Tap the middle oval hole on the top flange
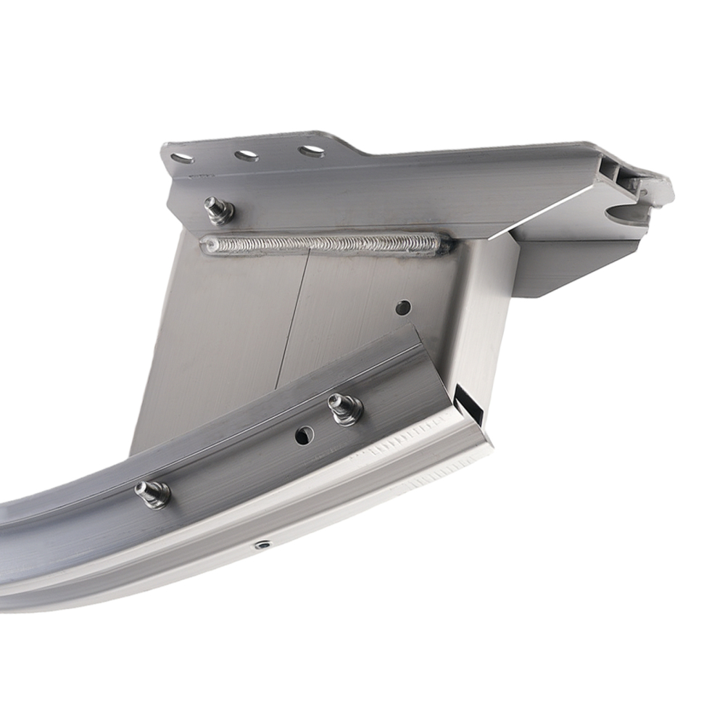tap(246, 155)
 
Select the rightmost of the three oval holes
tap(311, 152)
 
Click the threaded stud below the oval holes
tap(217, 210)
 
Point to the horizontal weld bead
tap(326, 244)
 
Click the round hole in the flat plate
tap(403, 307)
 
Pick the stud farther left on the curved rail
tap(152, 494)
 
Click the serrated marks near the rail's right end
tap(406, 442)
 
